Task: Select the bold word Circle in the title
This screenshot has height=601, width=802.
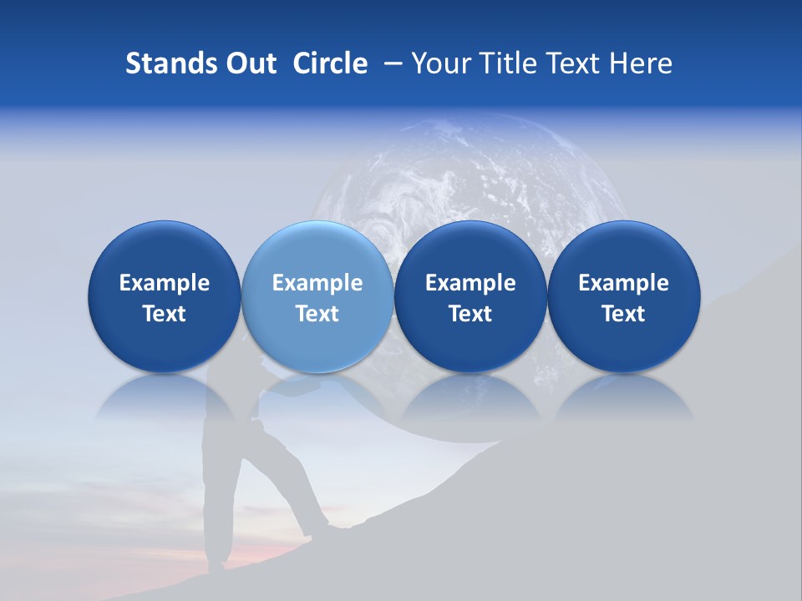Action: pyautogui.click(x=330, y=63)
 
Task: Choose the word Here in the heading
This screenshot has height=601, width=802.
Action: pyautogui.click(x=641, y=63)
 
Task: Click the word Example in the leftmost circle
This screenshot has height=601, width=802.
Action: pyautogui.click(x=165, y=283)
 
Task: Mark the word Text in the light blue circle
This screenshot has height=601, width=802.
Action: pyautogui.click(x=317, y=314)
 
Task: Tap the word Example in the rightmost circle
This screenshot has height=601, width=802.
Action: pyautogui.click(x=624, y=283)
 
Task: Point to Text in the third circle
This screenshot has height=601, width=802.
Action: pyautogui.click(x=470, y=314)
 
